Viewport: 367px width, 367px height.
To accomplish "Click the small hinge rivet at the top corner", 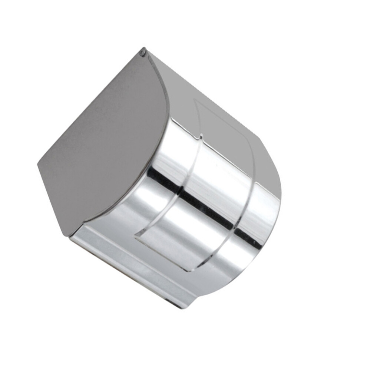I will click(x=142, y=53).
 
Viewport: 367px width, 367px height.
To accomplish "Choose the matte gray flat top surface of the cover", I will click(x=208, y=96).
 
